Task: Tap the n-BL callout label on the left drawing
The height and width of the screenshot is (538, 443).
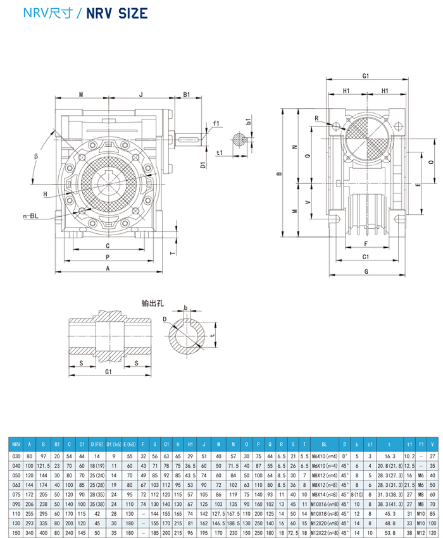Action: click(x=30, y=216)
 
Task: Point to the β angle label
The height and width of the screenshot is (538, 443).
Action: click(x=37, y=156)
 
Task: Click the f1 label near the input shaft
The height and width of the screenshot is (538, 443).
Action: click(x=216, y=123)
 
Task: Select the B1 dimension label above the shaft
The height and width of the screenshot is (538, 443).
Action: click(x=187, y=94)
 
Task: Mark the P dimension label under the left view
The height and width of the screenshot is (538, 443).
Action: click(x=108, y=257)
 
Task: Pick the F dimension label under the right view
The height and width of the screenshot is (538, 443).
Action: click(x=366, y=243)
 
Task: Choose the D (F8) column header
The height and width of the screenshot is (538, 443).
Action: click(x=97, y=444)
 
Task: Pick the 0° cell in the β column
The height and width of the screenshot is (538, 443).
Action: click(x=345, y=455)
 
